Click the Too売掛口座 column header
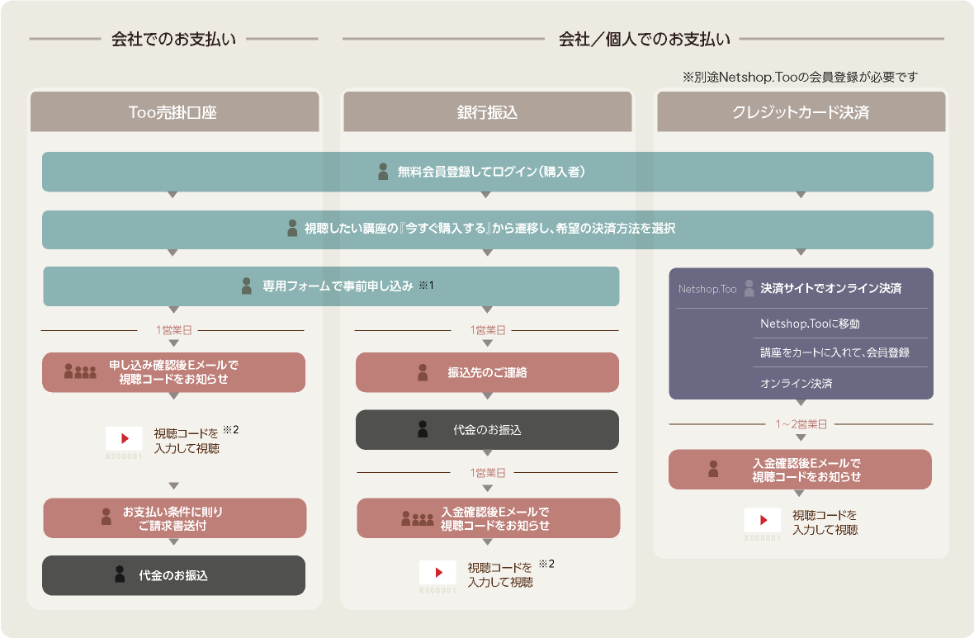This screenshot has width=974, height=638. pyautogui.click(x=174, y=111)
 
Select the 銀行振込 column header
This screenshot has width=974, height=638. pyautogui.click(x=488, y=111)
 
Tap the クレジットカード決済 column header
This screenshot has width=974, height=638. pyautogui.click(x=801, y=111)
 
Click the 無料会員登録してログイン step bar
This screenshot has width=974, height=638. pyautogui.click(x=488, y=172)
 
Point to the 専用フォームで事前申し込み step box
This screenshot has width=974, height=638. pyautogui.click(x=331, y=286)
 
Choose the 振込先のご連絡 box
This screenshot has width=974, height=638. pyautogui.click(x=488, y=372)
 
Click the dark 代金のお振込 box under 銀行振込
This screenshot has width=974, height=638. pyautogui.click(x=488, y=430)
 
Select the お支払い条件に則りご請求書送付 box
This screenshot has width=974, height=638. pyautogui.click(x=174, y=518)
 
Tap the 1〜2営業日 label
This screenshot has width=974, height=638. pyautogui.click(x=801, y=424)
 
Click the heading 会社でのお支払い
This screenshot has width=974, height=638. pyautogui.click(x=174, y=39)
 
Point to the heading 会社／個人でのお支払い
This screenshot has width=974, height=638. pyautogui.click(x=644, y=39)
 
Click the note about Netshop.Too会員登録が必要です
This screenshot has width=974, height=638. pyautogui.click(x=800, y=77)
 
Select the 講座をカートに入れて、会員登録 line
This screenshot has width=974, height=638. pyautogui.click(x=835, y=353)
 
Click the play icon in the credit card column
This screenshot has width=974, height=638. pyautogui.click(x=762, y=520)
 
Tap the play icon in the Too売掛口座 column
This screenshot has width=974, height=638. pyautogui.click(x=125, y=438)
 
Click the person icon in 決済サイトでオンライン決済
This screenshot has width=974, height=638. pyautogui.click(x=749, y=288)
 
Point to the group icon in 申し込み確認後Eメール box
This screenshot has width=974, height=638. pyautogui.click(x=80, y=371)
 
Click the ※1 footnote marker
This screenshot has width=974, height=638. pyautogui.click(x=426, y=285)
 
